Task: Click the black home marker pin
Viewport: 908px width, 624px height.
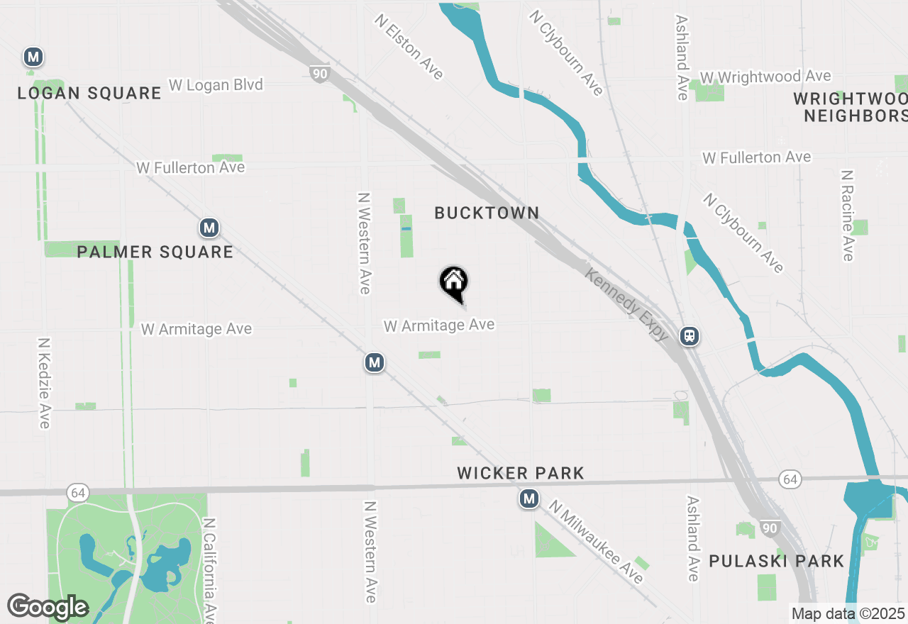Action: click(454, 283)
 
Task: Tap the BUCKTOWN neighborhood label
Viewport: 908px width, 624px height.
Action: click(487, 213)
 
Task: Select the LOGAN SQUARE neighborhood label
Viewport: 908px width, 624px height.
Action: click(89, 93)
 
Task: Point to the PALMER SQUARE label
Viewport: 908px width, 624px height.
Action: click(155, 252)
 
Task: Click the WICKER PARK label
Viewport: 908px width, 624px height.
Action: click(521, 473)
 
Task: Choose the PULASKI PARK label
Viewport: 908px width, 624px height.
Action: click(777, 562)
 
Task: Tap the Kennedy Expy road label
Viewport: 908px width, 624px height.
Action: click(626, 304)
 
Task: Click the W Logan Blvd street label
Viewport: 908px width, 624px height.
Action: click(216, 85)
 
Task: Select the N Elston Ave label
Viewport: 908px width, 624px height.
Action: click(409, 47)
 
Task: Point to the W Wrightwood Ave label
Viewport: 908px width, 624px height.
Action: click(765, 77)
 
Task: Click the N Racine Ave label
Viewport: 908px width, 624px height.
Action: click(847, 215)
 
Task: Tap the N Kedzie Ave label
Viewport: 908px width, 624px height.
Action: click(44, 382)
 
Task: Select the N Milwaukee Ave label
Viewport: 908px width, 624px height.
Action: click(596, 542)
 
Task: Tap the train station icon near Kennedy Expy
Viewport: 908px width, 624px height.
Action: click(690, 335)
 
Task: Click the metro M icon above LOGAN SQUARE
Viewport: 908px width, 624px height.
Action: click(33, 57)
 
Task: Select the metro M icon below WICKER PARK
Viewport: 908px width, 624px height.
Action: click(528, 500)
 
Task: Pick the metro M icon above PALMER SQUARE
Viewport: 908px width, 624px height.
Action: click(209, 228)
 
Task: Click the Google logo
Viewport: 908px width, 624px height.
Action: click(48, 607)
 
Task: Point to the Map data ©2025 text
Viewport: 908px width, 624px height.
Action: click(848, 614)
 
